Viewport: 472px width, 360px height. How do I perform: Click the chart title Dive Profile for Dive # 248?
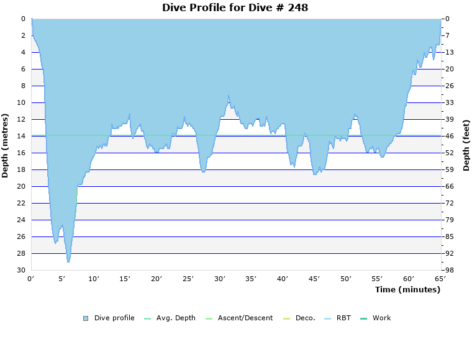[235, 8]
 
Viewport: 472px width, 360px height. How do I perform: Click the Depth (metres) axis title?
[6, 145]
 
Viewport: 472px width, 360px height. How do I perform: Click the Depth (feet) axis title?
[466, 145]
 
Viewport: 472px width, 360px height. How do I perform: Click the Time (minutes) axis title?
[407, 290]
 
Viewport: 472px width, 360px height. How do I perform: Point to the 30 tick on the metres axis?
[21, 270]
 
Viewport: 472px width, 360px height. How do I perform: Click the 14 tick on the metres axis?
[21, 136]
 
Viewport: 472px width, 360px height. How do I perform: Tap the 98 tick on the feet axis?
[449, 270]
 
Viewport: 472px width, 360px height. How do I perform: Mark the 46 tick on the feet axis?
[449, 136]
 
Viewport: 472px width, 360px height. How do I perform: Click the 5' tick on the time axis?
[62, 279]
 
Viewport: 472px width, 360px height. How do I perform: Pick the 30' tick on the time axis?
[219, 279]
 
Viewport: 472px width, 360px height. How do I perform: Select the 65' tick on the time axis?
[440, 279]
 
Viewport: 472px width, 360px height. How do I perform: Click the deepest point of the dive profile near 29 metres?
[68, 262]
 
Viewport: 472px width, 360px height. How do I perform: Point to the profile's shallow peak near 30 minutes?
[229, 96]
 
